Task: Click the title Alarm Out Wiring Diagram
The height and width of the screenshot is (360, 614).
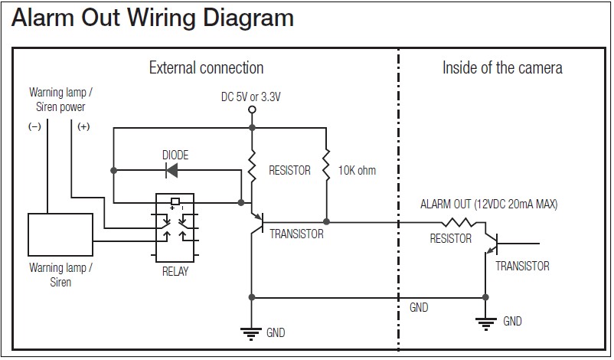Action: [153, 18]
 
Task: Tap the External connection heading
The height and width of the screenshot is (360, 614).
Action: [206, 68]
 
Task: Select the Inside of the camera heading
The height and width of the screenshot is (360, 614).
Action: [502, 68]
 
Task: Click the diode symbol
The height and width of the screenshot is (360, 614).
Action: [174, 169]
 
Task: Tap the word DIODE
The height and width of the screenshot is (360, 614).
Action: [175, 155]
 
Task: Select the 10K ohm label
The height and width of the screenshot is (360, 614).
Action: [357, 170]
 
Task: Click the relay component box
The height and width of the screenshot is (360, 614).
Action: [175, 228]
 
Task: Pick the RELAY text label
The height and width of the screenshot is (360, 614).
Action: [175, 271]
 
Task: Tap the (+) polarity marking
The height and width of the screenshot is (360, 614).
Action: [83, 127]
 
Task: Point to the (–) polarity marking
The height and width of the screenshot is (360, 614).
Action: [34, 127]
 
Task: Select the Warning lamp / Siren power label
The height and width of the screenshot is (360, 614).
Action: [60, 100]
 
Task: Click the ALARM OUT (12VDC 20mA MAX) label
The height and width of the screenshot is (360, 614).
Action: [489, 205]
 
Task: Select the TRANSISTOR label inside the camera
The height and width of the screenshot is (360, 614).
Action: [522, 266]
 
